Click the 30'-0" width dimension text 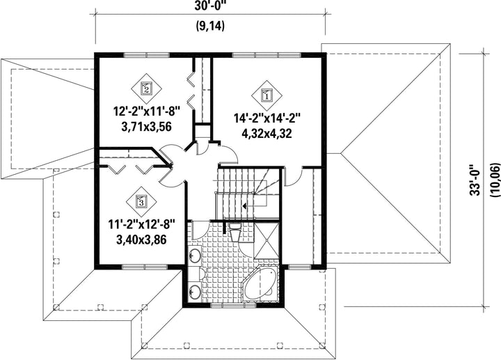pyautogui.click(x=211, y=6)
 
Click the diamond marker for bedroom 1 pyautogui.click(x=267, y=95)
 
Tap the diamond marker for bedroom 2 pyautogui.click(x=146, y=88)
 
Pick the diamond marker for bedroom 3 pyautogui.click(x=141, y=202)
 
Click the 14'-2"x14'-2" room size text pyautogui.click(x=267, y=118)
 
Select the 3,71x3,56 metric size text pyautogui.click(x=146, y=127)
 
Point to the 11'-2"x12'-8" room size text pyautogui.click(x=141, y=224)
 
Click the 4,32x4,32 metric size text pyautogui.click(x=267, y=133)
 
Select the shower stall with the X pyautogui.click(x=266, y=240)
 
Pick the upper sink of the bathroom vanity pyautogui.click(x=195, y=255)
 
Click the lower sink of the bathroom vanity pyautogui.click(x=195, y=291)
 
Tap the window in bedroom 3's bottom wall pyautogui.click(x=145, y=267)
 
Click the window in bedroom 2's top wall pyautogui.click(x=146, y=55)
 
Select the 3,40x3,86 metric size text pyautogui.click(x=141, y=240)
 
